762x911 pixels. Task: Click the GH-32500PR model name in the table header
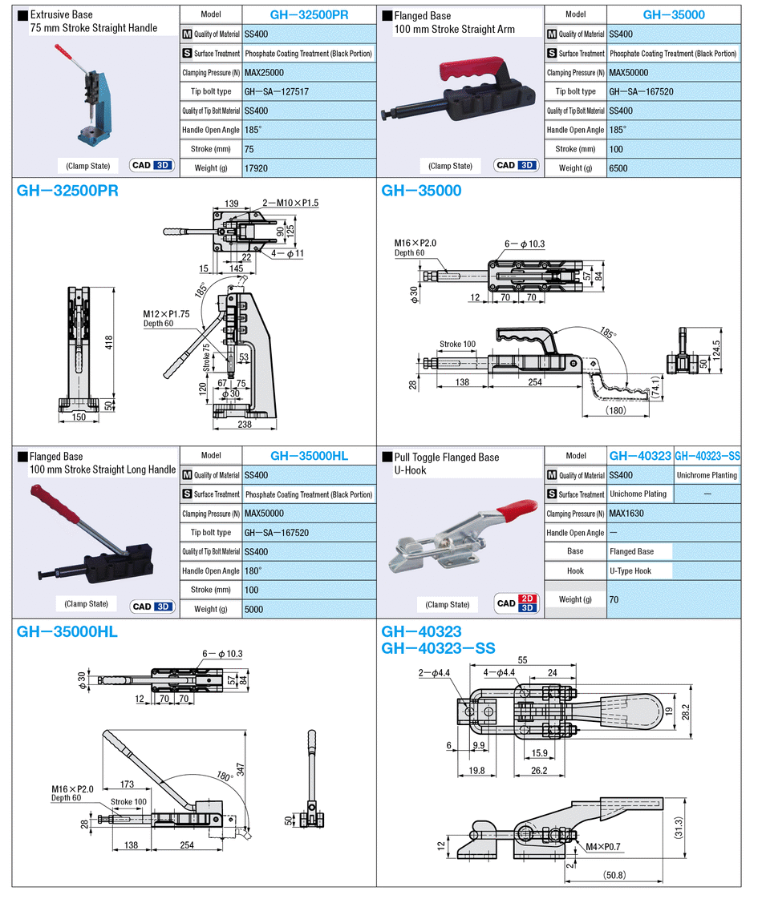click(309, 15)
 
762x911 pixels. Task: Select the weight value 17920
click(256, 168)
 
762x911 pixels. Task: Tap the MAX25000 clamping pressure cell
click(264, 73)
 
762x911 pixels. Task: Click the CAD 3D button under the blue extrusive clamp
click(152, 166)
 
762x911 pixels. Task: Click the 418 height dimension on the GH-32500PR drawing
click(109, 343)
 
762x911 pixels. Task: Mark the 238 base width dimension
click(245, 424)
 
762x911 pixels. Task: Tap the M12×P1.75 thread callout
click(166, 314)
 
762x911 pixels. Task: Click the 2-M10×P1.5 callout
click(290, 203)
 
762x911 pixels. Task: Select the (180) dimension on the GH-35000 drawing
click(616, 410)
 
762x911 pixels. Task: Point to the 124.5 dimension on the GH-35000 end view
click(716, 350)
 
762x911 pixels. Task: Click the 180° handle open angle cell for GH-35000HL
click(253, 571)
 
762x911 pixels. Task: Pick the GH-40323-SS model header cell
click(707, 456)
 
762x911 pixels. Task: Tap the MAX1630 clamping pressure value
click(626, 514)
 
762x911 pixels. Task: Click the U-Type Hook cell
click(630, 571)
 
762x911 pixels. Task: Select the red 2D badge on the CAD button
click(527, 599)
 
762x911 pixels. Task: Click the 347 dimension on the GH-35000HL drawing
click(241, 770)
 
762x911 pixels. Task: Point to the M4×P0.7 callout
click(603, 847)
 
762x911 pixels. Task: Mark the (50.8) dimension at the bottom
click(615, 875)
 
